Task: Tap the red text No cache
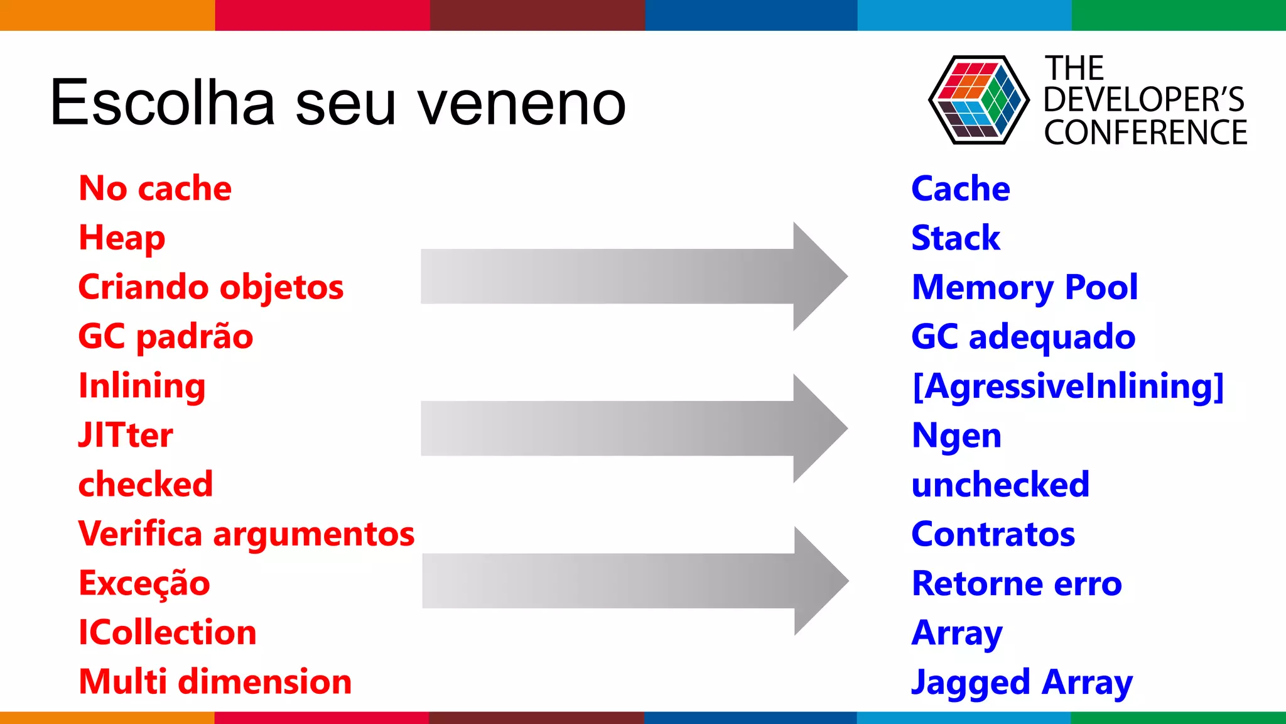click(155, 189)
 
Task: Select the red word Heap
click(122, 239)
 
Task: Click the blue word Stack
click(955, 238)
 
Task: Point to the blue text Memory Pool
click(1024, 288)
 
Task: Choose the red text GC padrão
click(166, 337)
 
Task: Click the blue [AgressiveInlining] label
click(1067, 386)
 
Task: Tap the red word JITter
click(126, 435)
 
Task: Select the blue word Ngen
click(956, 436)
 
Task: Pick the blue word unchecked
click(1000, 485)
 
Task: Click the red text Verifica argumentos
click(246, 534)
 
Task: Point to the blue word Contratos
click(993, 534)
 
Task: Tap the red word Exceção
click(144, 583)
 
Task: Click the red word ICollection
click(168, 632)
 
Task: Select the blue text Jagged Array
click(1022, 683)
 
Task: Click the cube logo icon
click(978, 101)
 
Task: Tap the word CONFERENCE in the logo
click(1145, 133)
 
